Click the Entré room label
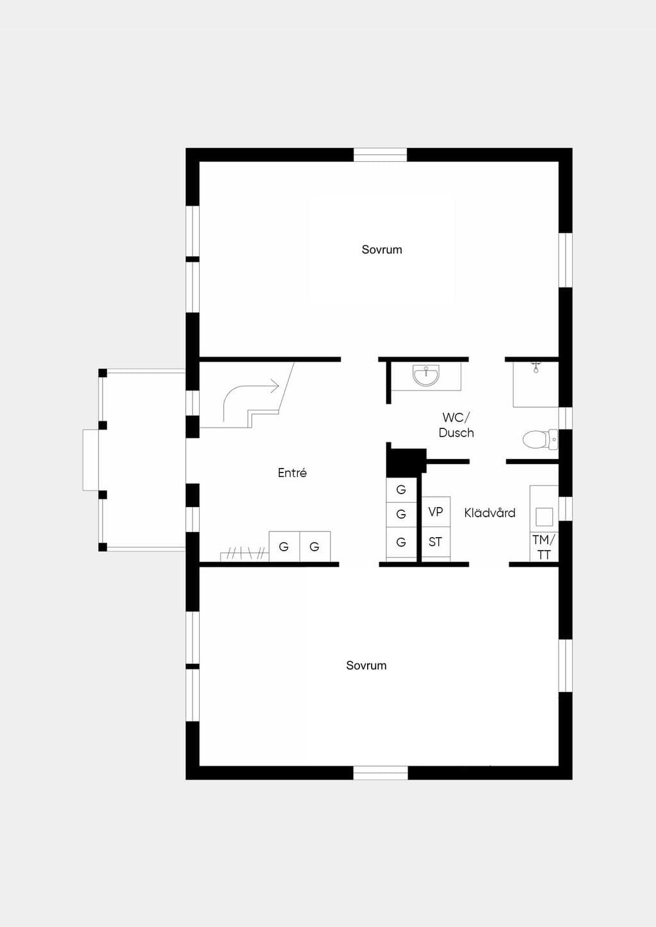[x=292, y=472]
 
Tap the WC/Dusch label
[x=456, y=425]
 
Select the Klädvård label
[x=489, y=513]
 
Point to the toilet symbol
[x=540, y=439]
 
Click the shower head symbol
[x=536, y=367]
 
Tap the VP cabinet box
[x=436, y=512]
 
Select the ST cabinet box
[x=436, y=542]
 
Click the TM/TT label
[x=544, y=547]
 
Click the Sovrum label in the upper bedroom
[x=381, y=250]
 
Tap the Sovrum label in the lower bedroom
[x=366, y=665]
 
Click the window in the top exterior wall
[x=380, y=155]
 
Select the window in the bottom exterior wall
[x=381, y=773]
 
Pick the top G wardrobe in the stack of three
[x=401, y=490]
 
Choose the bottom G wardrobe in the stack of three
[x=401, y=542]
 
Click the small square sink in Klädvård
[x=544, y=517]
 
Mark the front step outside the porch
[x=91, y=460]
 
